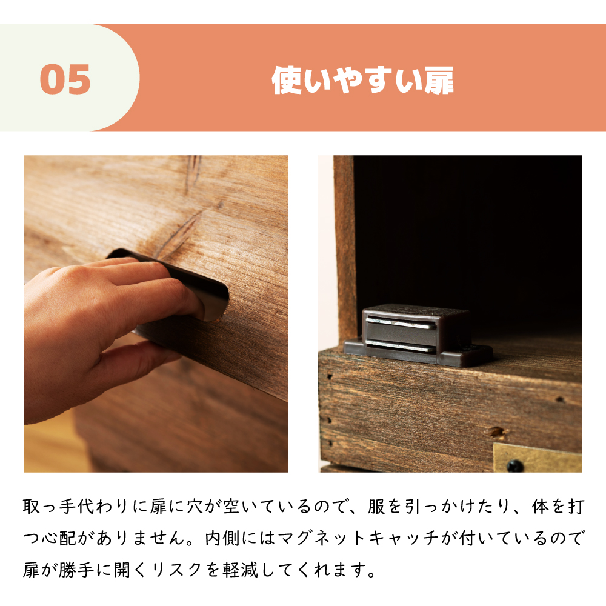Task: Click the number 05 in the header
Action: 65,79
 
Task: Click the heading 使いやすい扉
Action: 362,81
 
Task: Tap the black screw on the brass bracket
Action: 515,466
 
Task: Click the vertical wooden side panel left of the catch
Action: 344,242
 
